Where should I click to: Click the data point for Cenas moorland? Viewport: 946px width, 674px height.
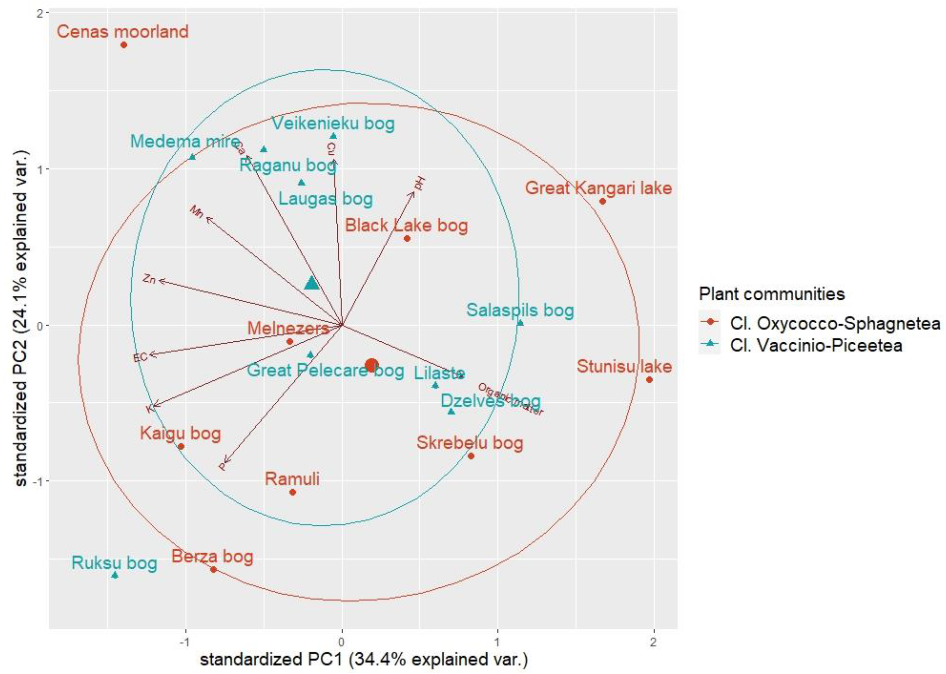pyautogui.click(x=124, y=45)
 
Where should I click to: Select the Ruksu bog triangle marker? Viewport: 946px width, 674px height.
pyautogui.click(x=115, y=575)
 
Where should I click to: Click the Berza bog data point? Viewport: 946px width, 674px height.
pyautogui.click(x=213, y=569)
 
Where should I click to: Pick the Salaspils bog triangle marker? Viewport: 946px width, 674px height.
pyautogui.click(x=520, y=323)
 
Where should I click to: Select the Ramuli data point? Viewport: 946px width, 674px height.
pyautogui.click(x=292, y=492)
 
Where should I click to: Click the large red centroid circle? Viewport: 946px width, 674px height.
pyautogui.click(x=372, y=365)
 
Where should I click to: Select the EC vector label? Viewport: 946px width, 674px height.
pyautogui.click(x=140, y=357)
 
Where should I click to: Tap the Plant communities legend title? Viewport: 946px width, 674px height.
pyautogui.click(x=772, y=294)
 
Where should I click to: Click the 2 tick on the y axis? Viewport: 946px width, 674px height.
pyautogui.click(x=40, y=13)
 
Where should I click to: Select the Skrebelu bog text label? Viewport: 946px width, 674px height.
pyautogui.click(x=470, y=443)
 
